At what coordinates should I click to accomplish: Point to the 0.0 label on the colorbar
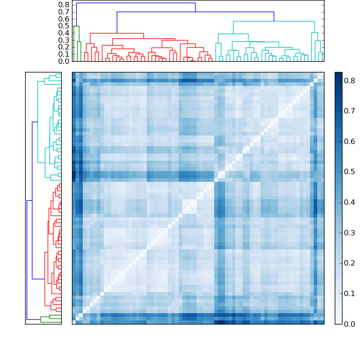(350, 324)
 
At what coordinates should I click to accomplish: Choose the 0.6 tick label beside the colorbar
(350, 141)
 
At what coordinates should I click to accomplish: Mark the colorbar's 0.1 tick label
(350, 293)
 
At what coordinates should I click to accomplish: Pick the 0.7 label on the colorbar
(350, 111)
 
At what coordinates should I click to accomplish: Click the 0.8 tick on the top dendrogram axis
(63, 4)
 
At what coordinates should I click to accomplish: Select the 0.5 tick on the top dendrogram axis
(63, 26)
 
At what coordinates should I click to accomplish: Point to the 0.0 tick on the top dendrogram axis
(63, 61)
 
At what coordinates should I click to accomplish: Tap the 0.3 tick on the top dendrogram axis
(63, 40)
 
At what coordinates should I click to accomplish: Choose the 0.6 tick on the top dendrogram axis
(63, 19)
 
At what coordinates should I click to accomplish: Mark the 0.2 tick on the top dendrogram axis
(63, 47)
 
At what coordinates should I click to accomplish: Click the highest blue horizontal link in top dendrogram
(135, 3)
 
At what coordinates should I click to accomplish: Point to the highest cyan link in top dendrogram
(274, 21)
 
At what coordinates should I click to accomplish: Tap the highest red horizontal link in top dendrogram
(117, 33)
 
